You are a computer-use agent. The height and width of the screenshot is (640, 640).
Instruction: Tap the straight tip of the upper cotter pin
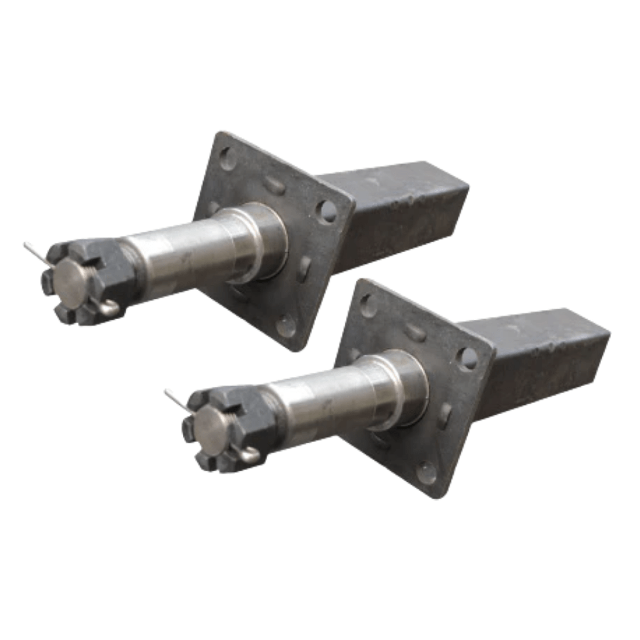[27, 246]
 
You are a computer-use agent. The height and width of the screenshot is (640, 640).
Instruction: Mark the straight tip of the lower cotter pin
[167, 393]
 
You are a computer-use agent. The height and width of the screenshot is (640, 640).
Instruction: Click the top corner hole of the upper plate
[227, 158]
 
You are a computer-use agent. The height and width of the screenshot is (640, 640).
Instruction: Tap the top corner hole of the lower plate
[368, 305]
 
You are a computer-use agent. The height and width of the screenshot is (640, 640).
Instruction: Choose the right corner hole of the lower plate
[467, 358]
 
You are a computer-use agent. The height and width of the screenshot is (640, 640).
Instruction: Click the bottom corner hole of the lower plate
[427, 473]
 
